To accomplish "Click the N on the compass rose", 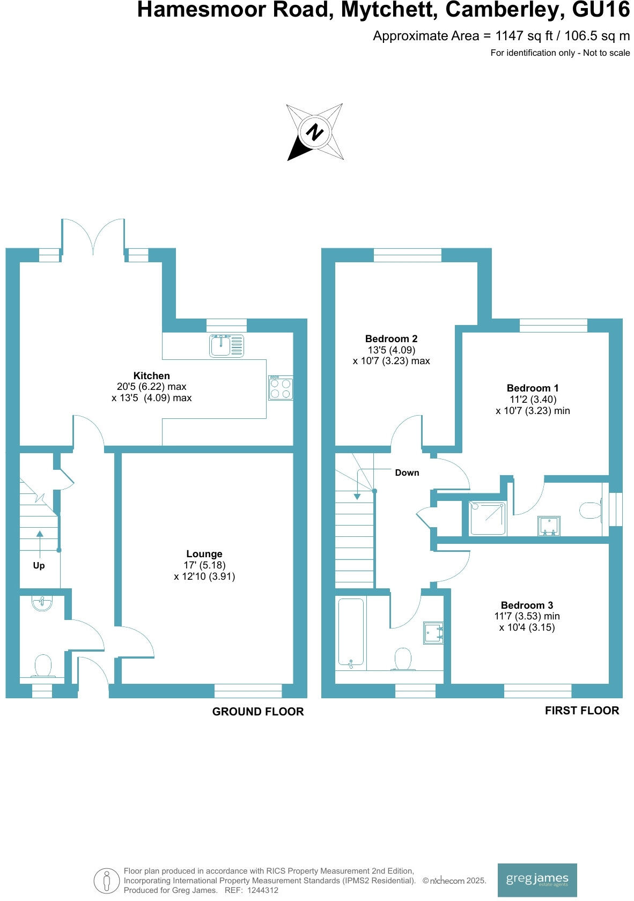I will tap(315, 132).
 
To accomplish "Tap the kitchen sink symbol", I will tap(226, 346).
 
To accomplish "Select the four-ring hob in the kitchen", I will tap(281, 388).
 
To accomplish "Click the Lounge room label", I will tap(204, 554).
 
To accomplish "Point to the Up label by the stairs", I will tap(39, 566).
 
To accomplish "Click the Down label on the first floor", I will tap(407, 472).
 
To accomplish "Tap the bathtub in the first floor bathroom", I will tap(351, 633).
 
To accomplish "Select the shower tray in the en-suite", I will tap(488, 518).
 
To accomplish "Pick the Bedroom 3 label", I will tap(526, 605).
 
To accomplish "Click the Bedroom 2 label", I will tap(391, 338).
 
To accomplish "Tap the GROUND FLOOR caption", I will tap(258, 712).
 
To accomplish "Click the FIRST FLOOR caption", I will tap(581, 711).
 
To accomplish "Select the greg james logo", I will tap(537, 880).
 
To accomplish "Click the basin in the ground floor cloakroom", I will tap(42, 604).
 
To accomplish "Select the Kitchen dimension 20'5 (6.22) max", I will tap(151, 387).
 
